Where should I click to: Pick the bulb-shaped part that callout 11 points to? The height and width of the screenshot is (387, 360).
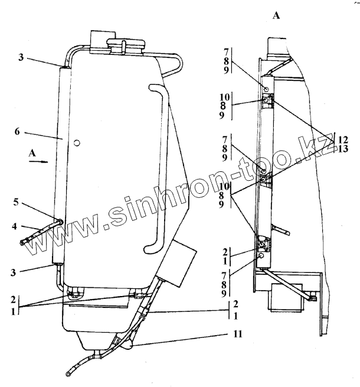[x=126, y=344]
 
